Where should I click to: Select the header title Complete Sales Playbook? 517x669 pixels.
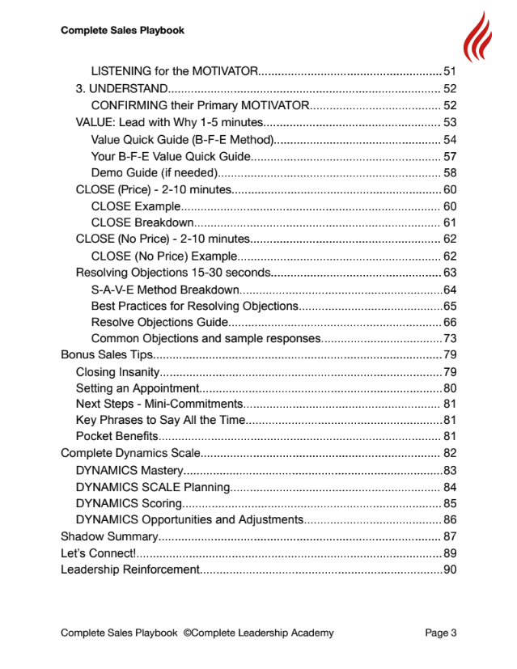point(122,31)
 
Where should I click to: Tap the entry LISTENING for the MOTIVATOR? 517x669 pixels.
point(174,71)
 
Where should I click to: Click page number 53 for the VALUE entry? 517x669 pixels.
point(450,123)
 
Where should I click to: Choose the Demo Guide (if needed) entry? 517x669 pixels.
point(155,173)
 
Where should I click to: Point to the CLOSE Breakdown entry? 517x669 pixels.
point(142,222)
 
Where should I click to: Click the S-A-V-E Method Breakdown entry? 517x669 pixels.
point(165,290)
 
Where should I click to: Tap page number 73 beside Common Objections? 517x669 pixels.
point(450,338)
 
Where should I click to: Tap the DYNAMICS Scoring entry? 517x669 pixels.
point(129,503)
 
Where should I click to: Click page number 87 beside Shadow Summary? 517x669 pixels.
point(450,536)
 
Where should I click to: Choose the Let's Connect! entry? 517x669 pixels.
point(98,553)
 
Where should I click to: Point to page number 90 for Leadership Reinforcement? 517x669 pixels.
point(450,569)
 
